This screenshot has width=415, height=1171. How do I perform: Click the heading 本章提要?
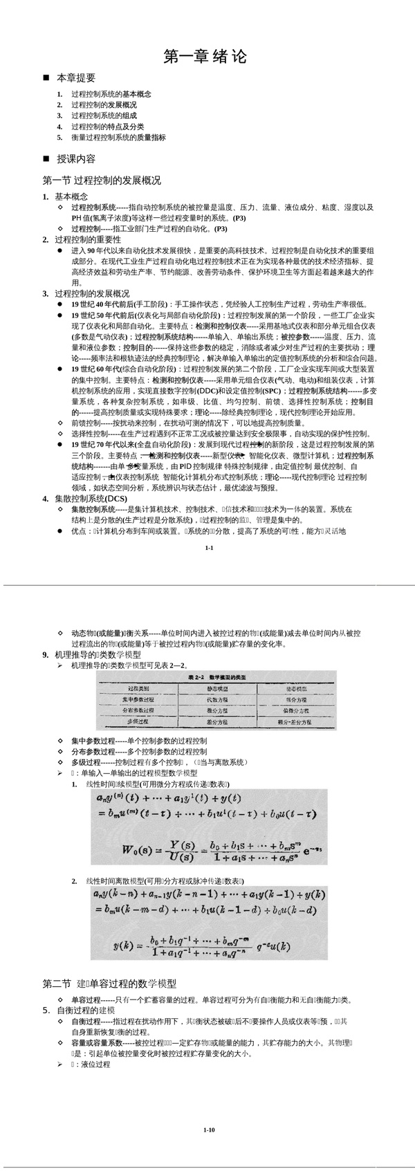tap(76, 78)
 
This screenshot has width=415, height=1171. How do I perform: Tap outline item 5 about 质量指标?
tap(118, 138)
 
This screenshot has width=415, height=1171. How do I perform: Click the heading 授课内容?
tap(76, 159)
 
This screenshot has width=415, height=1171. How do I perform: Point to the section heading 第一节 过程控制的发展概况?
tap(102, 181)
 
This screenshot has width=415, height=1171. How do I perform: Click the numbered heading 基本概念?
tap(71, 196)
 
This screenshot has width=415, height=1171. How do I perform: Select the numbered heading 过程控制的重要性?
tap(87, 239)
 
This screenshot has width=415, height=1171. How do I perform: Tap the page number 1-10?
tap(210, 1130)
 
